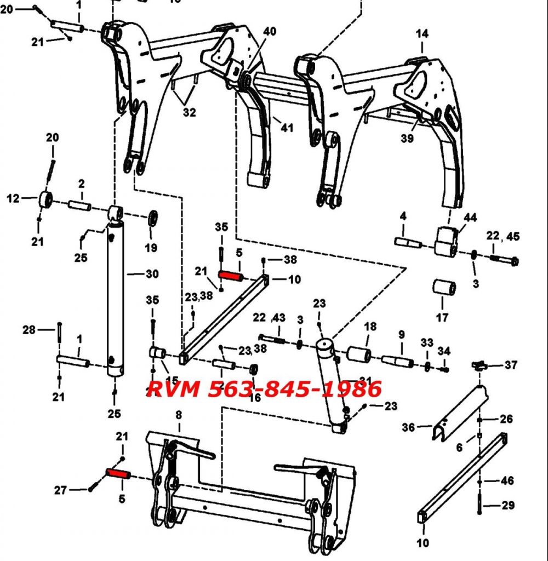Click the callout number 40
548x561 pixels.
pos(269,31)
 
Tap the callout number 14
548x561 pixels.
pos(422,33)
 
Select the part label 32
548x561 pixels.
pos(189,112)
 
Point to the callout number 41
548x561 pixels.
pos(287,128)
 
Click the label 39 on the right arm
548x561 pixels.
pos(407,139)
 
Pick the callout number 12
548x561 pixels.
pos(13,198)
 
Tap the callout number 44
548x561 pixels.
pos(470,218)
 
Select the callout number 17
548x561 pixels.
pos(442,317)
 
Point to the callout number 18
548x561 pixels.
pos(370,327)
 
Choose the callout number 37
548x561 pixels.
pos(511,365)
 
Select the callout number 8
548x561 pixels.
pos(178,415)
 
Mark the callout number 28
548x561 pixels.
pos(29,329)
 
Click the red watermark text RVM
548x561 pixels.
pos(176,389)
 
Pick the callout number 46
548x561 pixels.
pos(507,480)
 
